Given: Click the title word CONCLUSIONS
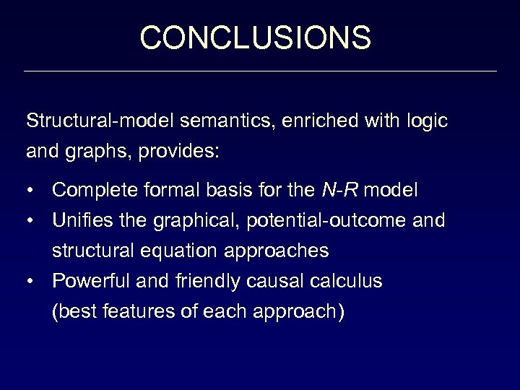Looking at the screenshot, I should click(x=256, y=38).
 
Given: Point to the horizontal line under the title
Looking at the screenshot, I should click(x=260, y=71).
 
